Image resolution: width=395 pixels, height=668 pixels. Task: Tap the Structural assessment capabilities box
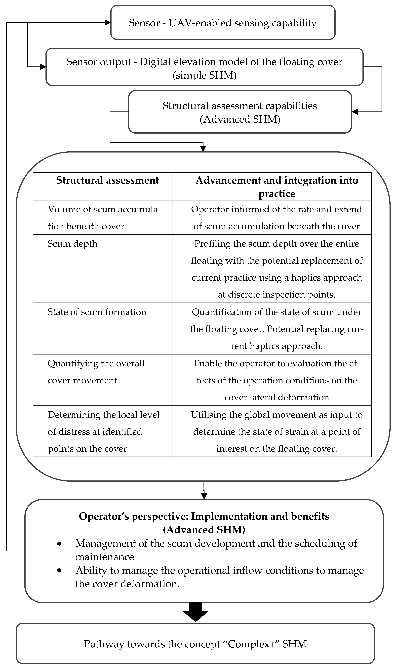coord(240,112)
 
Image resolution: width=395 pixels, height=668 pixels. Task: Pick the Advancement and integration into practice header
coord(277,186)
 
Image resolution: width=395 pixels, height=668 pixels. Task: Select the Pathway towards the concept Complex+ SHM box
coord(195,644)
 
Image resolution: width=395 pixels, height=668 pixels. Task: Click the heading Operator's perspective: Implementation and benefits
coord(204,516)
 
